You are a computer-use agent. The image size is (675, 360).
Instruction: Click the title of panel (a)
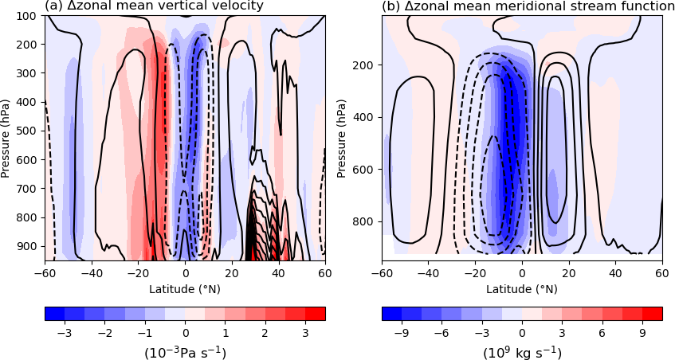(154, 7)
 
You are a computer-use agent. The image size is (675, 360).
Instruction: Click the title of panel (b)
(528, 7)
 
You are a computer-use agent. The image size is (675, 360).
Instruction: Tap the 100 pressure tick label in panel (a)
(29, 16)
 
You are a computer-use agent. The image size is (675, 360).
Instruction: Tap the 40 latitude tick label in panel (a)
(278, 273)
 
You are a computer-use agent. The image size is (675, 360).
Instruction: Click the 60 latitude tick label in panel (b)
(661, 273)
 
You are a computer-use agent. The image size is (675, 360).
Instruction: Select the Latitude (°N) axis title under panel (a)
(185, 288)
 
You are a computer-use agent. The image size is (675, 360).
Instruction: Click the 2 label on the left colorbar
(265, 331)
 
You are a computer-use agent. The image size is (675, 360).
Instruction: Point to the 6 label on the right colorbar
(603, 331)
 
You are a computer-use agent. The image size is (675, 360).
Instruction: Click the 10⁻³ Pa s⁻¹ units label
(185, 351)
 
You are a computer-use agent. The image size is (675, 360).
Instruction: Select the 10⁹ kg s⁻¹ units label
(522, 351)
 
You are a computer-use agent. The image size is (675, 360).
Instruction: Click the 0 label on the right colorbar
(522, 331)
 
